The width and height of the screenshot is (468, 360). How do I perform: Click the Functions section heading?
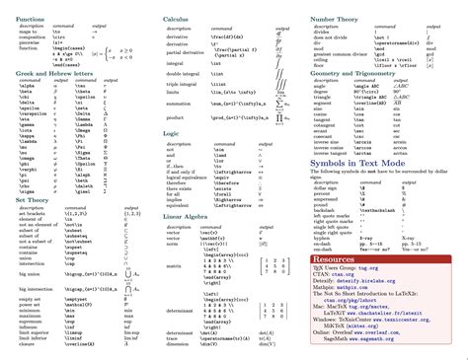[29, 20]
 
